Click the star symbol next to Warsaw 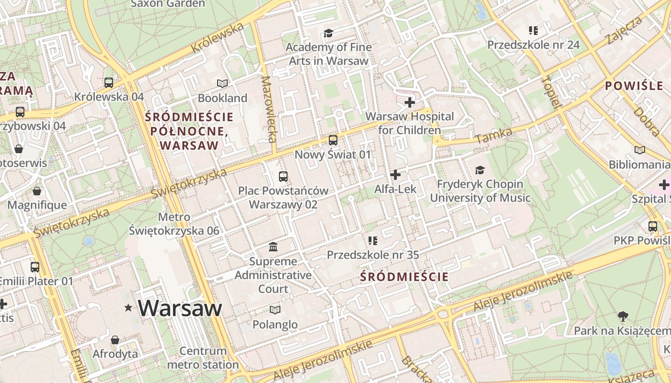tap(128, 308)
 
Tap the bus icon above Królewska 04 tap(109, 82)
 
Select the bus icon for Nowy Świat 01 tap(333, 140)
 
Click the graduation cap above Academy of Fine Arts tap(328, 33)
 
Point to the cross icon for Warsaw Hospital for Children tap(410, 102)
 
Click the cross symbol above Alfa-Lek tap(395, 175)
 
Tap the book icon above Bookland tap(222, 84)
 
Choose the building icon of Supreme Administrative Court tap(273, 247)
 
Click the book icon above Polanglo tap(275, 310)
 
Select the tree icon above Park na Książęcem tap(623, 316)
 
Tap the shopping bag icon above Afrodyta tap(115, 340)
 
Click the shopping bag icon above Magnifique tap(37, 191)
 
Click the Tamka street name tap(494, 135)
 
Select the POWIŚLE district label tap(634, 86)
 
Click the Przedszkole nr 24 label tap(533, 45)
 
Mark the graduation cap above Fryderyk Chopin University tap(480, 170)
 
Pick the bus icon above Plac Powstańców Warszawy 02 tap(283, 176)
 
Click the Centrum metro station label tap(203, 358)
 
